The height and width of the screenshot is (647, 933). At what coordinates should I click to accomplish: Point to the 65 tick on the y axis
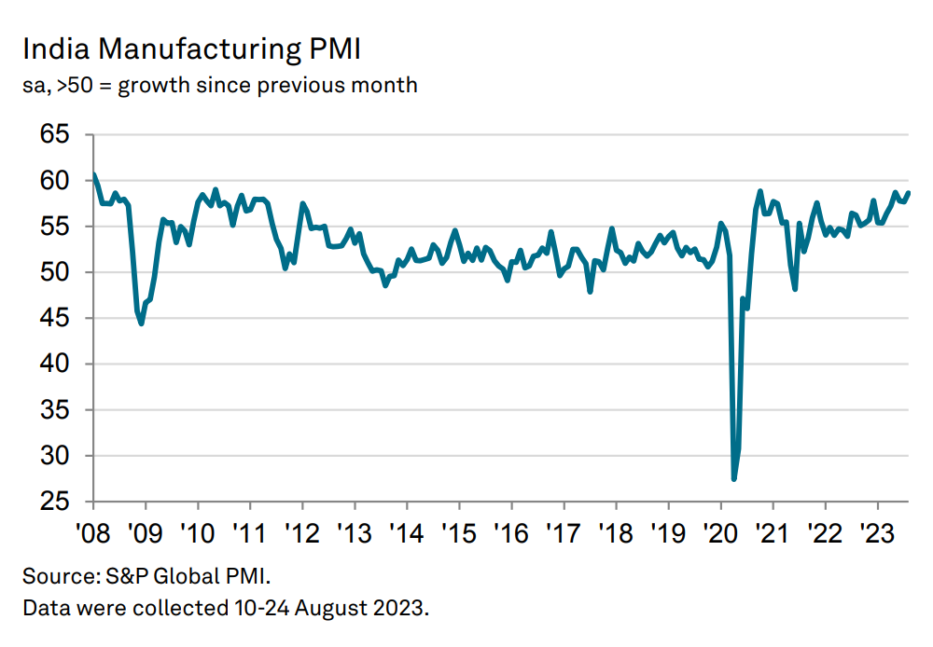pos(55,134)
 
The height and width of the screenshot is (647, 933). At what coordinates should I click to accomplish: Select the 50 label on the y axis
pos(55,272)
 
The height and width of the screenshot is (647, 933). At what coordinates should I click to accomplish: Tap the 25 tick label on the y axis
pos(55,502)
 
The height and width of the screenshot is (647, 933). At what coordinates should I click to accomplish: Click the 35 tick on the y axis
pos(55,410)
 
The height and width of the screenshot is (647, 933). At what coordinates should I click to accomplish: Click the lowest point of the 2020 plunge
pos(734,479)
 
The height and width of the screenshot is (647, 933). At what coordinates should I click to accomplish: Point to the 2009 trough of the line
pos(141,323)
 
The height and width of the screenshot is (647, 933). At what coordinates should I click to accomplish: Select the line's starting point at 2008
pos(94,175)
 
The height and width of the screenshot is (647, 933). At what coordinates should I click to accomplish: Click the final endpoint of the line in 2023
pos(909,193)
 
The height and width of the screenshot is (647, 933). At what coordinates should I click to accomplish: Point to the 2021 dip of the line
pos(795,288)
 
